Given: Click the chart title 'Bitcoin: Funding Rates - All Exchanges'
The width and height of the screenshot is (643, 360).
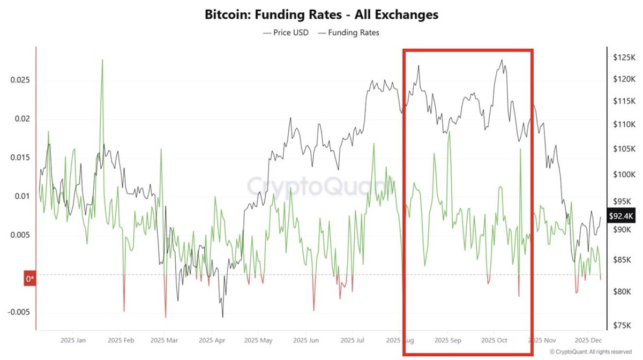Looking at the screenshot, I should point(322,14).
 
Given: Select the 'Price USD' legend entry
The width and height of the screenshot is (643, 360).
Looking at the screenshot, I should point(286,33).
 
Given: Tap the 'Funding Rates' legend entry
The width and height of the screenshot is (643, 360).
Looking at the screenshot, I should point(349,33).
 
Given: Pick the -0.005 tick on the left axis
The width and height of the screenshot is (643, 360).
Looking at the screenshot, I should point(17,312).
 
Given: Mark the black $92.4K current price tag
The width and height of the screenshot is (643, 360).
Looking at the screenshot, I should point(620,215).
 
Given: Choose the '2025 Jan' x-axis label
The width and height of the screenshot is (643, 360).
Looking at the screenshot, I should point(73,341).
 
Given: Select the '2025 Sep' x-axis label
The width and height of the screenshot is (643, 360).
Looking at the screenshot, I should point(448,341).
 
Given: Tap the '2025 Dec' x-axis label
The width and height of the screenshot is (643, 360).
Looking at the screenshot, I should point(588,341).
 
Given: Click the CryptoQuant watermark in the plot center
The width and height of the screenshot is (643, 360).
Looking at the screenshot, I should point(316,185).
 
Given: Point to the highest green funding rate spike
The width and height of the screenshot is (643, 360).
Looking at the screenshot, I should point(102,59).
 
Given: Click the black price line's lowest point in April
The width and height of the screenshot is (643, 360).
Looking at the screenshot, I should point(222,317).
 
